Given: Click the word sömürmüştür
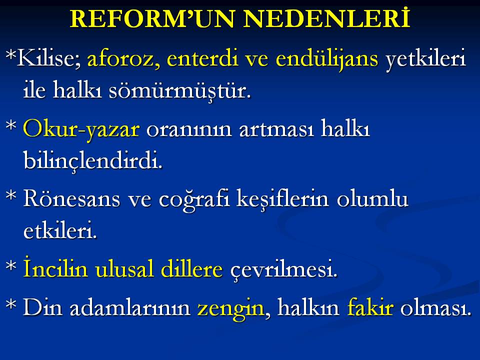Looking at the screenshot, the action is (180, 90).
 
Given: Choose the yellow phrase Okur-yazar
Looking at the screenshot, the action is (81, 129).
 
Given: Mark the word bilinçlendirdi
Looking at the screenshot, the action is (93, 160).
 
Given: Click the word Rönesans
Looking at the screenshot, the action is (71, 198).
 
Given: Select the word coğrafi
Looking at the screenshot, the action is (194, 199).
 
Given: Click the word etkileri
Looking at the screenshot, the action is (60, 229).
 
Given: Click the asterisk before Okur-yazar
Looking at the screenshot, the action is (11, 125).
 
